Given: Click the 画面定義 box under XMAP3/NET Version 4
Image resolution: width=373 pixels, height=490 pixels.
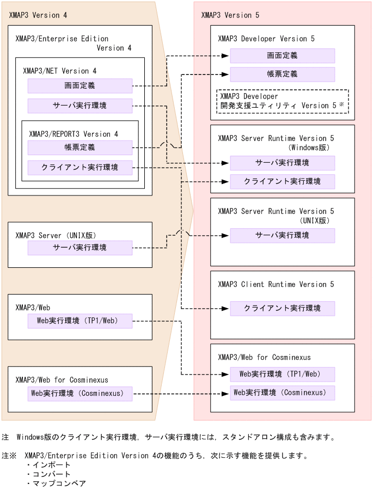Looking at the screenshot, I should click(80, 85).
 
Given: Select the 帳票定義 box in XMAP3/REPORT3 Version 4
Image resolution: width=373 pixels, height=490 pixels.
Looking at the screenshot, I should click(80, 147).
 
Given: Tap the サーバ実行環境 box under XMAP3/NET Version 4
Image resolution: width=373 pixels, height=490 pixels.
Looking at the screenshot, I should click(80, 106).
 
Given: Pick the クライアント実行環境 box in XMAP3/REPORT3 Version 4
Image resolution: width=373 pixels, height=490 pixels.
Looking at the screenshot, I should click(80, 167).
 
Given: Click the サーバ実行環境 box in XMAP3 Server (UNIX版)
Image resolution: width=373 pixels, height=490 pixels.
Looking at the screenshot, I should click(80, 248).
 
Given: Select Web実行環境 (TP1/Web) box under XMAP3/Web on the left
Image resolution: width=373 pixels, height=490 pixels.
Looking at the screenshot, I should click(80, 321).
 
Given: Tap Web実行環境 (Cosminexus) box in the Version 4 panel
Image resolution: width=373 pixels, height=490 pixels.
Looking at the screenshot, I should click(80, 394).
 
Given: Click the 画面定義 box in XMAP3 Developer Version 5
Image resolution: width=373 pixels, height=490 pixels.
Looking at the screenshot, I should click(282, 56).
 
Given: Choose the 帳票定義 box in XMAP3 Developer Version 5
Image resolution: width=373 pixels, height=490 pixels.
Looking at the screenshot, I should click(282, 74).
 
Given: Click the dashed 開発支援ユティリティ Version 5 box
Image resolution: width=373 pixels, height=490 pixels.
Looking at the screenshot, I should click(282, 101).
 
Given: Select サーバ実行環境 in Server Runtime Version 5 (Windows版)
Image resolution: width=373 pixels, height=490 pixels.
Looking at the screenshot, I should click(282, 163).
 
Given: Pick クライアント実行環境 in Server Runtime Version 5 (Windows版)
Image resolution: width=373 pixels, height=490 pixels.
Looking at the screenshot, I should click(282, 181).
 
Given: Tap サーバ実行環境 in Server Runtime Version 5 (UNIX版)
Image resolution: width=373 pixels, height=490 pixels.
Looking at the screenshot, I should click(282, 235).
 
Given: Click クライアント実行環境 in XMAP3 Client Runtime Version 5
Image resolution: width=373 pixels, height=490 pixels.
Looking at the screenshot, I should click(282, 308).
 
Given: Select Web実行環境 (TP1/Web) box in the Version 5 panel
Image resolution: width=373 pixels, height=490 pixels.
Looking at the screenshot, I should click(282, 374).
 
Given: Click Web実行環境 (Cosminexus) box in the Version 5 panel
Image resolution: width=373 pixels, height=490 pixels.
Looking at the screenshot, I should click(282, 393).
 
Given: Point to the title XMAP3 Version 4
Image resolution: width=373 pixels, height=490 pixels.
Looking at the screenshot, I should click(38, 15).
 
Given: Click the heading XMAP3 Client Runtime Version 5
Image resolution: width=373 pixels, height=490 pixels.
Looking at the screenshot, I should click(276, 284).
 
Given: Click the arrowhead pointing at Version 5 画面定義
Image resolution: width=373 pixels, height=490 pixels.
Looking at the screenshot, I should click(225, 56).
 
